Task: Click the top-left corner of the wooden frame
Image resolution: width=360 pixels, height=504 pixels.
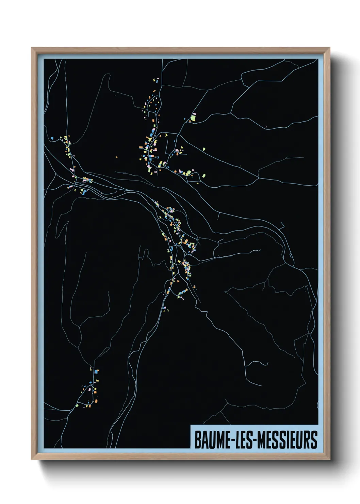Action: coord(32,48)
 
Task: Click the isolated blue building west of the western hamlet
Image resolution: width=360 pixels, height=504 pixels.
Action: coord(52,138)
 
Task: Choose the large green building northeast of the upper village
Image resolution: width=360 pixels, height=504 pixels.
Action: coord(193,118)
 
